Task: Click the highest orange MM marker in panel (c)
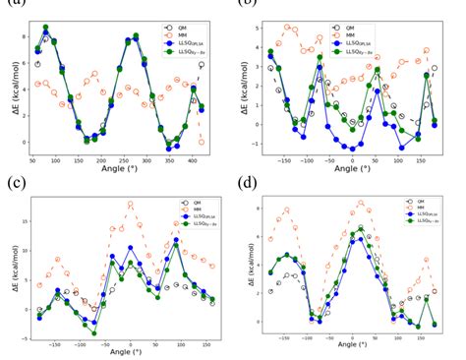[130, 205]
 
